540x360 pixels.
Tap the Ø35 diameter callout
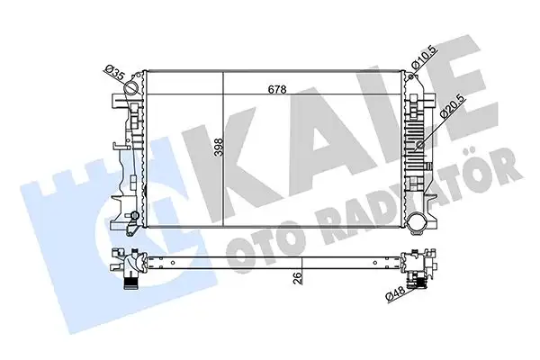click(x=113, y=70)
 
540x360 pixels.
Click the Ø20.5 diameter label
click(x=445, y=109)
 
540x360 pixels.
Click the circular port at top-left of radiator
click(x=134, y=89)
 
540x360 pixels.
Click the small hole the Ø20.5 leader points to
click(x=424, y=140)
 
